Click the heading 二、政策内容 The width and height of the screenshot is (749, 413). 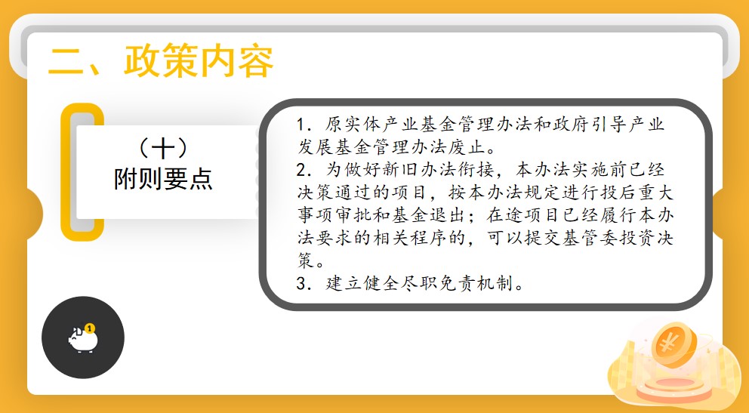(x=161, y=61)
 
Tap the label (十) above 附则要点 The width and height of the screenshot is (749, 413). (x=163, y=149)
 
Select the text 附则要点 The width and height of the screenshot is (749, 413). (x=163, y=180)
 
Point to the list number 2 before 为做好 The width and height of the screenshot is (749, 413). (x=301, y=170)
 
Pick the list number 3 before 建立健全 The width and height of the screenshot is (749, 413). (x=301, y=284)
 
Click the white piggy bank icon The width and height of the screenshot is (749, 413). (x=83, y=339)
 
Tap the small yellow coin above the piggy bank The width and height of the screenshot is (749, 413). (x=90, y=328)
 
